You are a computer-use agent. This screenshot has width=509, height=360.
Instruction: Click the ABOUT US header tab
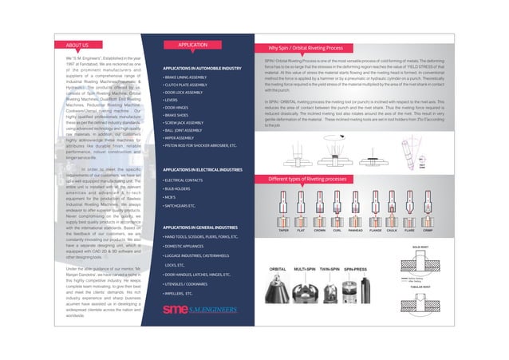pos(77,47)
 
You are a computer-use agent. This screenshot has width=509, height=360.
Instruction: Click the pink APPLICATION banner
pos(194,45)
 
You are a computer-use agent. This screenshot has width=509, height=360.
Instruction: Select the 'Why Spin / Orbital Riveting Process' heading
pos(311,47)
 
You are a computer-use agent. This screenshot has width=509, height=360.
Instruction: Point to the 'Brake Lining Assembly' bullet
pos(184,77)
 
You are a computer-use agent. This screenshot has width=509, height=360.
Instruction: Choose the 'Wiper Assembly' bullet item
pos(181,137)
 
